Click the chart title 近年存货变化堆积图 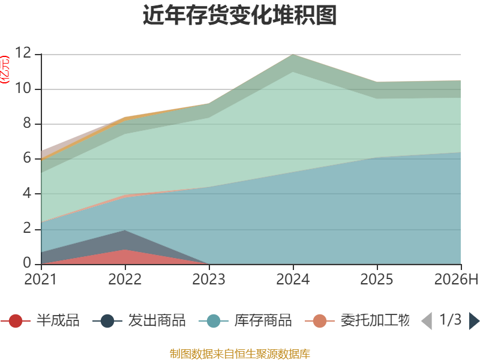[239, 14]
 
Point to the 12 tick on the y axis [23, 53]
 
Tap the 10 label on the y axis [23, 88]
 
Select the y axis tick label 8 [27, 123]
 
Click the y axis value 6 [27, 158]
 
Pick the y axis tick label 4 [27, 193]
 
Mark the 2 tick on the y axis [27, 229]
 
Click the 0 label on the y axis [27, 263]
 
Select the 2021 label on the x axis [41, 279]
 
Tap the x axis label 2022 [125, 279]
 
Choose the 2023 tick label [209, 279]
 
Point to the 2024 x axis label [293, 279]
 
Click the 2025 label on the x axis [377, 279]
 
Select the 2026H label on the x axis [456, 279]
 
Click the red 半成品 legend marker [16, 321]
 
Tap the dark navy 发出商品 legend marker [107, 321]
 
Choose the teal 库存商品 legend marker [214, 321]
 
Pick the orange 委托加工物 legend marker [320, 321]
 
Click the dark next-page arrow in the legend [474, 321]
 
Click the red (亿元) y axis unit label [5, 70]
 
